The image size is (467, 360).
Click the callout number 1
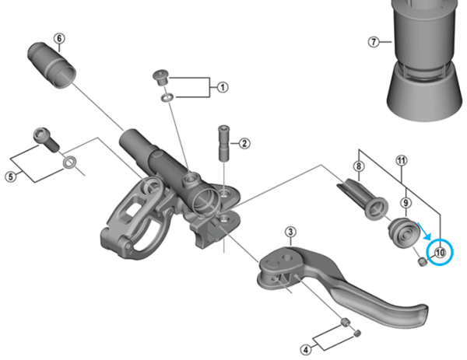(223, 87)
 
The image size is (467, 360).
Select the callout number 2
(244, 143)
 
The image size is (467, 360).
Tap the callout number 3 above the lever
(290, 232)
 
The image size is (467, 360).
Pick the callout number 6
(59, 39)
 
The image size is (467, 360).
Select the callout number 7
(374, 42)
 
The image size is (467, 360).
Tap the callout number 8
(359, 166)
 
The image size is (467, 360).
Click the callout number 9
(406, 202)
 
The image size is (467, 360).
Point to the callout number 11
(402, 161)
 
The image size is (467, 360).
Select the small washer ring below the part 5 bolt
(69, 163)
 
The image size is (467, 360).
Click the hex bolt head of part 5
(44, 139)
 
